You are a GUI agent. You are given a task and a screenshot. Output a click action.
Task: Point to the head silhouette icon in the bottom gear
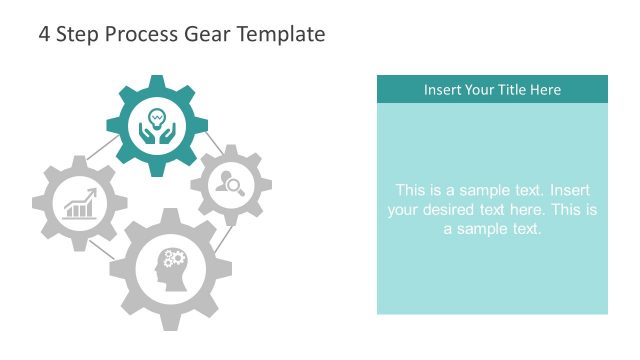[x=171, y=268]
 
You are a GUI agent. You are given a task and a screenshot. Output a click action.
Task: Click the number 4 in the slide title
[x=44, y=34]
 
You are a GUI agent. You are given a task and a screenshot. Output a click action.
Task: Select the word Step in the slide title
[x=76, y=35]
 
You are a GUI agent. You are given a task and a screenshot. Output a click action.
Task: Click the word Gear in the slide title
[x=206, y=34]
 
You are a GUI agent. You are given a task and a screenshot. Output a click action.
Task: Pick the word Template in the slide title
[x=279, y=35]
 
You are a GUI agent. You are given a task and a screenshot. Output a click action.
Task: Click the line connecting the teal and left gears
[x=100, y=152]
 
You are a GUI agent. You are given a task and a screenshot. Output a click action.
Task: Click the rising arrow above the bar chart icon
[x=86, y=194]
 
